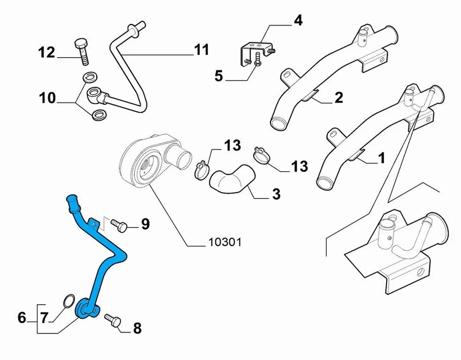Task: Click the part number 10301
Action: pyautogui.click(x=225, y=242)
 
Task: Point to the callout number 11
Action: pyautogui.click(x=202, y=50)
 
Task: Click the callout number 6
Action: pyautogui.click(x=22, y=318)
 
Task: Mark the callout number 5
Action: pyautogui.click(x=219, y=75)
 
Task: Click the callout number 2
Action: pyautogui.click(x=339, y=98)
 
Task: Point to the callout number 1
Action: pyautogui.click(x=381, y=158)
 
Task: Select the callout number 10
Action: pyautogui.click(x=47, y=98)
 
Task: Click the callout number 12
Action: pyautogui.click(x=47, y=52)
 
